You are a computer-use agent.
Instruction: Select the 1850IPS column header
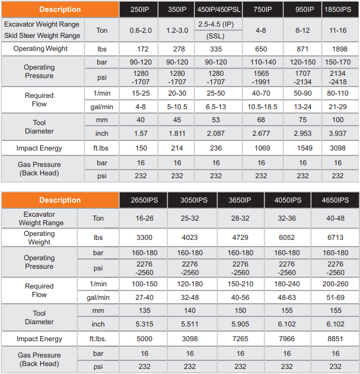tap(340, 9)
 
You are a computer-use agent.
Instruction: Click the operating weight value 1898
tap(340, 49)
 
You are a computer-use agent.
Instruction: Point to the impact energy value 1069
tap(261, 148)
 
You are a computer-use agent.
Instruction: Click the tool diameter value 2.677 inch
tap(261, 134)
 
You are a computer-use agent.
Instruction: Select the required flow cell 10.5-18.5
tap(261, 106)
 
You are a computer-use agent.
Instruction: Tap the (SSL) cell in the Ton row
tap(216, 36)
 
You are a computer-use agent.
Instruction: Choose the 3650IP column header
tap(240, 200)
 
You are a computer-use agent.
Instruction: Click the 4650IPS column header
tap(335, 200)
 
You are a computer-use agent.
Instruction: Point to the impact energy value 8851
tap(335, 339)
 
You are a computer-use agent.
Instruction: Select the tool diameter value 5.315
tap(144, 324)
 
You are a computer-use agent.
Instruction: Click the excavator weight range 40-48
tap(335, 218)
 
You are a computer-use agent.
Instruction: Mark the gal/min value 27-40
tap(144, 297)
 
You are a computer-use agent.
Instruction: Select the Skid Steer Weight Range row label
tap(42, 36)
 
